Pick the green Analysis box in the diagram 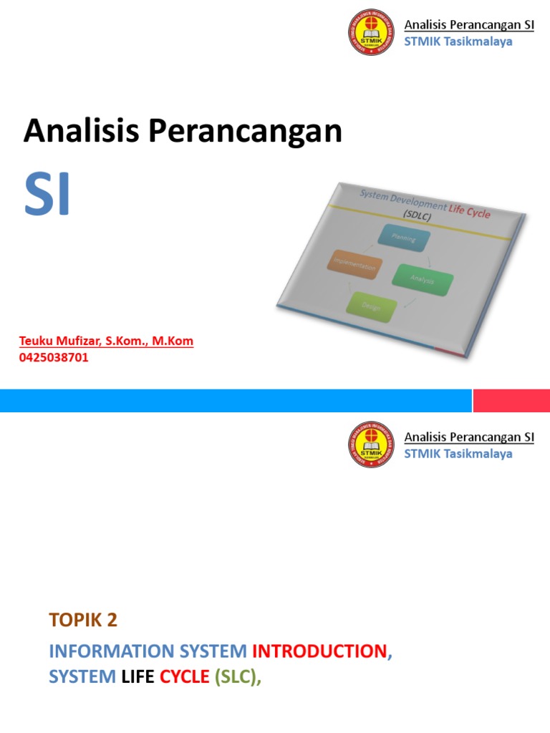(x=423, y=279)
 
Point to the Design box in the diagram (x=371, y=306)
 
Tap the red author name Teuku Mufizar (x=62, y=341)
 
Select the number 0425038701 (x=54, y=357)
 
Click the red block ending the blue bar (x=511, y=401)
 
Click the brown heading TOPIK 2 (x=82, y=621)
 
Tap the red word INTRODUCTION (x=319, y=651)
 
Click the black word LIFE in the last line (x=138, y=676)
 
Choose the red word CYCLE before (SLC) (x=184, y=676)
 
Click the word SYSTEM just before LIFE (x=82, y=676)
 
